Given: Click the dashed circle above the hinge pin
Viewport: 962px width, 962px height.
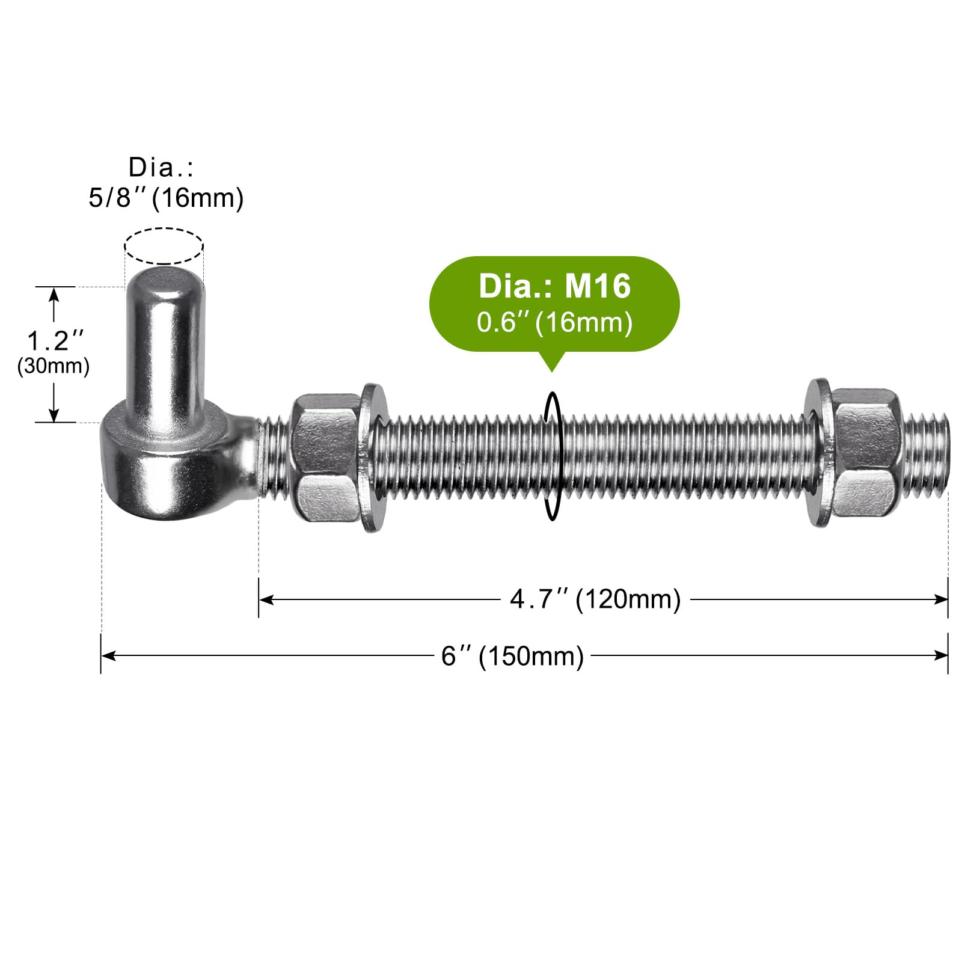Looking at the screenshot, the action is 164,229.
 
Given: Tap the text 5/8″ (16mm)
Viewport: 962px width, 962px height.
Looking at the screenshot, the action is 166,198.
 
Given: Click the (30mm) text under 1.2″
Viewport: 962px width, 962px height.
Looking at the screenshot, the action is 54,366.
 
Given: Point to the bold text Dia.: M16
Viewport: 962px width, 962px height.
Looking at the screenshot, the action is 554,286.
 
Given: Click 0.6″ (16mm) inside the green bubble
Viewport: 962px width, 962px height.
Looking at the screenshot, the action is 554,322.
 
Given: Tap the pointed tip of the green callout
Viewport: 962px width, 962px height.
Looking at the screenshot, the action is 551,371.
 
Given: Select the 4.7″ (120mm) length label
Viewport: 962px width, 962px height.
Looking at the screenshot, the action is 595,599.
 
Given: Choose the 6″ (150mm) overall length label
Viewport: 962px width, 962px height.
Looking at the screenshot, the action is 512,655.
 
